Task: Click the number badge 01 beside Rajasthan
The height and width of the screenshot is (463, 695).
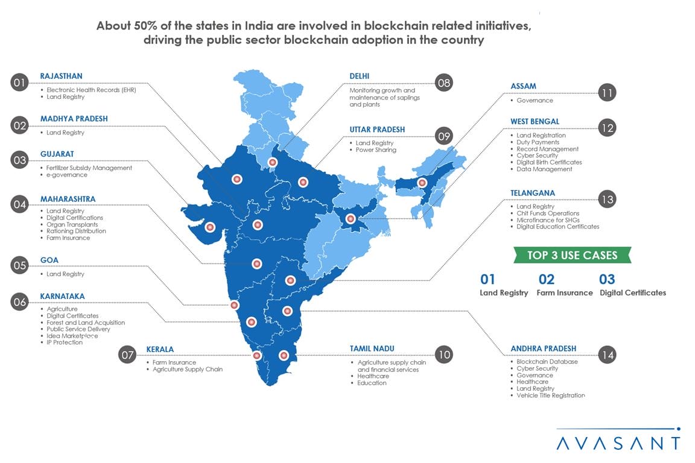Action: pyautogui.click(x=20, y=83)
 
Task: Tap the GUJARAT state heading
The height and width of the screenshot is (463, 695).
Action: pyautogui.click(x=57, y=154)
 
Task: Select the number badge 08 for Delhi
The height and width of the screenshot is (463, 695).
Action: pyautogui.click(x=443, y=83)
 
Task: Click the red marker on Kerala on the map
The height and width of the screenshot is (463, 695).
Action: pyautogui.click(x=257, y=356)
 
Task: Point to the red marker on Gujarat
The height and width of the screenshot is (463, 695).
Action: pyautogui.click(x=210, y=227)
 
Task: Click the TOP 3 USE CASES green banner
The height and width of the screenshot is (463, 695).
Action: pyautogui.click(x=572, y=255)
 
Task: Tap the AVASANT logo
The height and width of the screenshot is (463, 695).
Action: pyautogui.click(x=618, y=442)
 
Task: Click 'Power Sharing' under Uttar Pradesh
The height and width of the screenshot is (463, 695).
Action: pyautogui.click(x=376, y=150)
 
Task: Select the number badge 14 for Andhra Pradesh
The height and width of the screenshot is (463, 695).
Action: pyautogui.click(x=608, y=355)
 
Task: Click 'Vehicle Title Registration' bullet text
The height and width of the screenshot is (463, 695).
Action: pyautogui.click(x=550, y=395)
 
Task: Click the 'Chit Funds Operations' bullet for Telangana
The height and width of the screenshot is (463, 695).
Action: pyautogui.click(x=548, y=213)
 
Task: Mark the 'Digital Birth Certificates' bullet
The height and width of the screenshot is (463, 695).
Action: pyautogui.click(x=549, y=163)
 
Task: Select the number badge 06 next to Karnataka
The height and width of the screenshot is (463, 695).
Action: pyautogui.click(x=20, y=302)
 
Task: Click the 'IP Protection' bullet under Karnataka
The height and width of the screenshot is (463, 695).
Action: pyautogui.click(x=65, y=342)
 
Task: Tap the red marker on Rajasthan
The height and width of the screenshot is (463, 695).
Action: pyautogui.click(x=236, y=178)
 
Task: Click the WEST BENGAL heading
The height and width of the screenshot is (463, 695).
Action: pyautogui.click(x=535, y=122)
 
